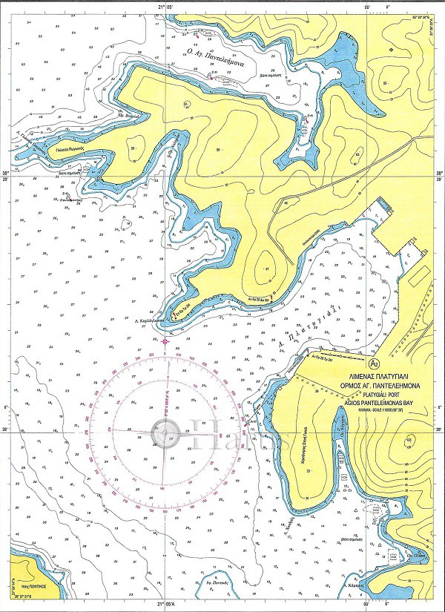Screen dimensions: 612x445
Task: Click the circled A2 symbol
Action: tap(374, 363)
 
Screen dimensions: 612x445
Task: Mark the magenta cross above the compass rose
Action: tap(163, 341)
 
